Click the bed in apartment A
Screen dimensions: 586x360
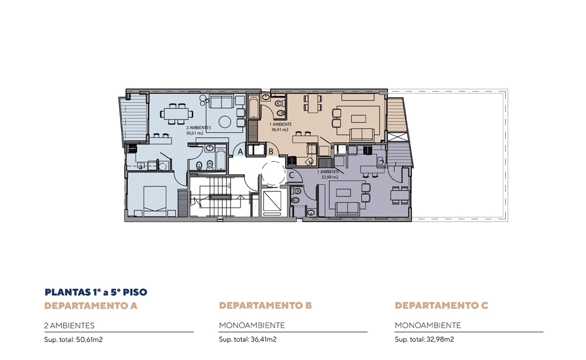tap(155, 201)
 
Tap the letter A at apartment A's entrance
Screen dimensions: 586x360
tap(241, 152)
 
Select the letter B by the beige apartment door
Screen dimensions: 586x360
tap(271, 152)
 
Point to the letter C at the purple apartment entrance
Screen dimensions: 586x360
tap(291, 175)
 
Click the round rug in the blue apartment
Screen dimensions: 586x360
tap(225, 122)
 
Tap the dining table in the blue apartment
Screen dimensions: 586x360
tap(177, 114)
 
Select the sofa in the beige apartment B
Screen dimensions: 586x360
tap(362, 135)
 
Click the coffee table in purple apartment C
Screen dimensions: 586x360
tap(343, 193)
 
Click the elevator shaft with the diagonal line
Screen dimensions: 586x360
tap(272, 202)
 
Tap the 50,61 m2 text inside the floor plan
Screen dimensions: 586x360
tap(195, 133)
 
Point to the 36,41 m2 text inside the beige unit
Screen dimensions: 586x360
tap(280, 129)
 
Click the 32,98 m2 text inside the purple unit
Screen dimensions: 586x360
tap(330, 177)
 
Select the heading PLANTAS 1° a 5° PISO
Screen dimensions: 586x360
tap(96, 292)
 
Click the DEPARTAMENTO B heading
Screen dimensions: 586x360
tap(265, 305)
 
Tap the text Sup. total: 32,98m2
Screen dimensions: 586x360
tap(424, 339)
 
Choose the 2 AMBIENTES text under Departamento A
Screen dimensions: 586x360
tap(69, 325)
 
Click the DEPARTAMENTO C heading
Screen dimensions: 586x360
tap(441, 305)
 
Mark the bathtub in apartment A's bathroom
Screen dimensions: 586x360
tap(220, 160)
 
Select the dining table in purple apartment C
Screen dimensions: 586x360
tap(400, 195)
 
